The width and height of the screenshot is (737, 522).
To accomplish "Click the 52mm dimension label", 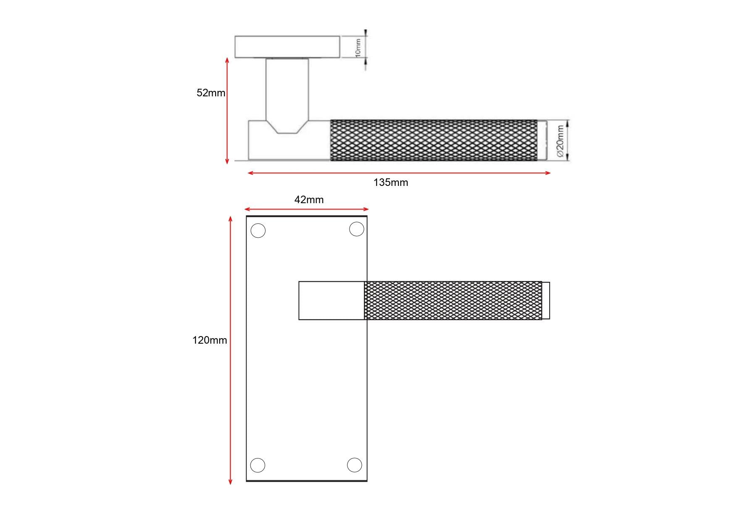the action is coord(211,93).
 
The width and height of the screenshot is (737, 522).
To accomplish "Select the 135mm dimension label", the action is coord(391,183).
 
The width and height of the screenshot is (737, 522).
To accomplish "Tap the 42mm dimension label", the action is coord(309,200).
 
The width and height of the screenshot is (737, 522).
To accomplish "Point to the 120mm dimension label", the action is coord(210,340).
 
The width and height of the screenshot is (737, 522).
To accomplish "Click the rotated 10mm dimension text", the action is coord(358,47).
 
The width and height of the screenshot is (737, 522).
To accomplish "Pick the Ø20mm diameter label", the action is coord(560,140).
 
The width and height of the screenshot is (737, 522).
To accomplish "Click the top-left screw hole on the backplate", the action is coord(258,231).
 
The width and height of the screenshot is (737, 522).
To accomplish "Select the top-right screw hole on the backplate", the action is coord(357,229).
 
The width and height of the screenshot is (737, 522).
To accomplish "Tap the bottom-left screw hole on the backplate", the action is coord(258,465).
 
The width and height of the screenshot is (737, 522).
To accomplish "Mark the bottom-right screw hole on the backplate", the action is coord(354,465).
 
